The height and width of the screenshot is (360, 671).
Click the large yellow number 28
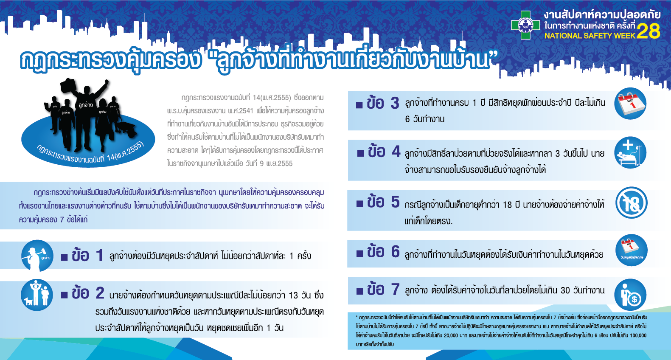tap(648, 31)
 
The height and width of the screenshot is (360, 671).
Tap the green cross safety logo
tap(525, 25)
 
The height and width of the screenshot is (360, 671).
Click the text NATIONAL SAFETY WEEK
tap(590, 36)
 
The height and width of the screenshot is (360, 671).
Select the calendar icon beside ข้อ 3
tap(630, 104)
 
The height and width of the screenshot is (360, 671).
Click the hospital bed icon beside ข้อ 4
tap(630, 153)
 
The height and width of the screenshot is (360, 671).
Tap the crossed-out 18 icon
tap(631, 204)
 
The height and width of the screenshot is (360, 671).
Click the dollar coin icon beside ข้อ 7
tap(631, 295)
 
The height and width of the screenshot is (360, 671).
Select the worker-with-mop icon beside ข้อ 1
tap(37, 256)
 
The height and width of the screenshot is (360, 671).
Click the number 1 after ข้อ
tap(100, 256)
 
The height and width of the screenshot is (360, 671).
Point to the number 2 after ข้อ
tap(100, 293)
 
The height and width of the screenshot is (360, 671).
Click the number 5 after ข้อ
tap(395, 202)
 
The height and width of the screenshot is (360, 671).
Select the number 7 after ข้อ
tap(396, 290)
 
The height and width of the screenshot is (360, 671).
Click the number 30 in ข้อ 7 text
tap(565, 290)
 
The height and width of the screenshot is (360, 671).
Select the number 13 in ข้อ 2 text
tap(294, 295)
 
